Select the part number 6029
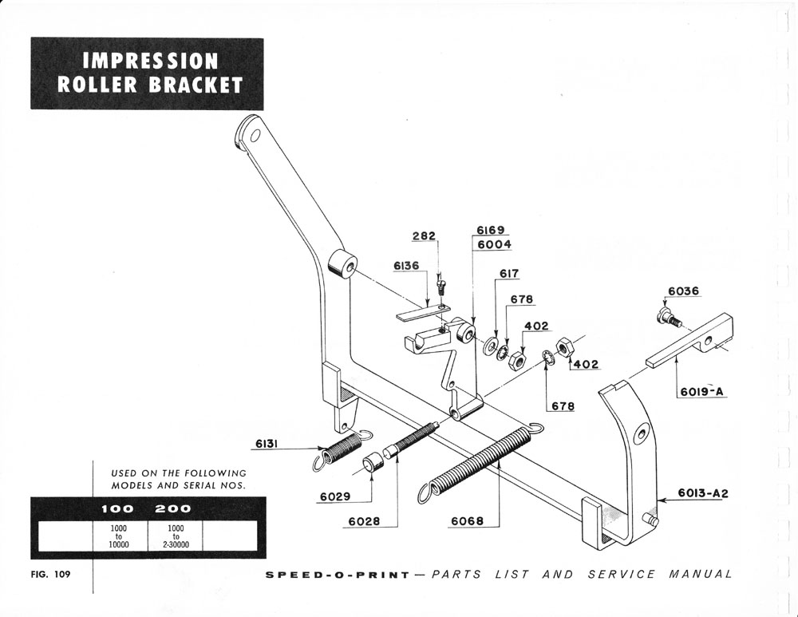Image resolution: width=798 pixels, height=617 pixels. click(x=335, y=496)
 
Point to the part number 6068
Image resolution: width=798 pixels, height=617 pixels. click(x=468, y=521)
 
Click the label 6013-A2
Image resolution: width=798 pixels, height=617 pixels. click(x=703, y=493)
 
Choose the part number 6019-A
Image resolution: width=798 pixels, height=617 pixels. click(x=702, y=391)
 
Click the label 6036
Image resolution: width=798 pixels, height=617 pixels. click(x=683, y=291)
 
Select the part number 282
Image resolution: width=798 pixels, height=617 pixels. click(x=424, y=236)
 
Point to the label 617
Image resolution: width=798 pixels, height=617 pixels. click(x=509, y=274)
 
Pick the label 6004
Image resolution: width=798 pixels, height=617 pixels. click(x=494, y=244)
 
